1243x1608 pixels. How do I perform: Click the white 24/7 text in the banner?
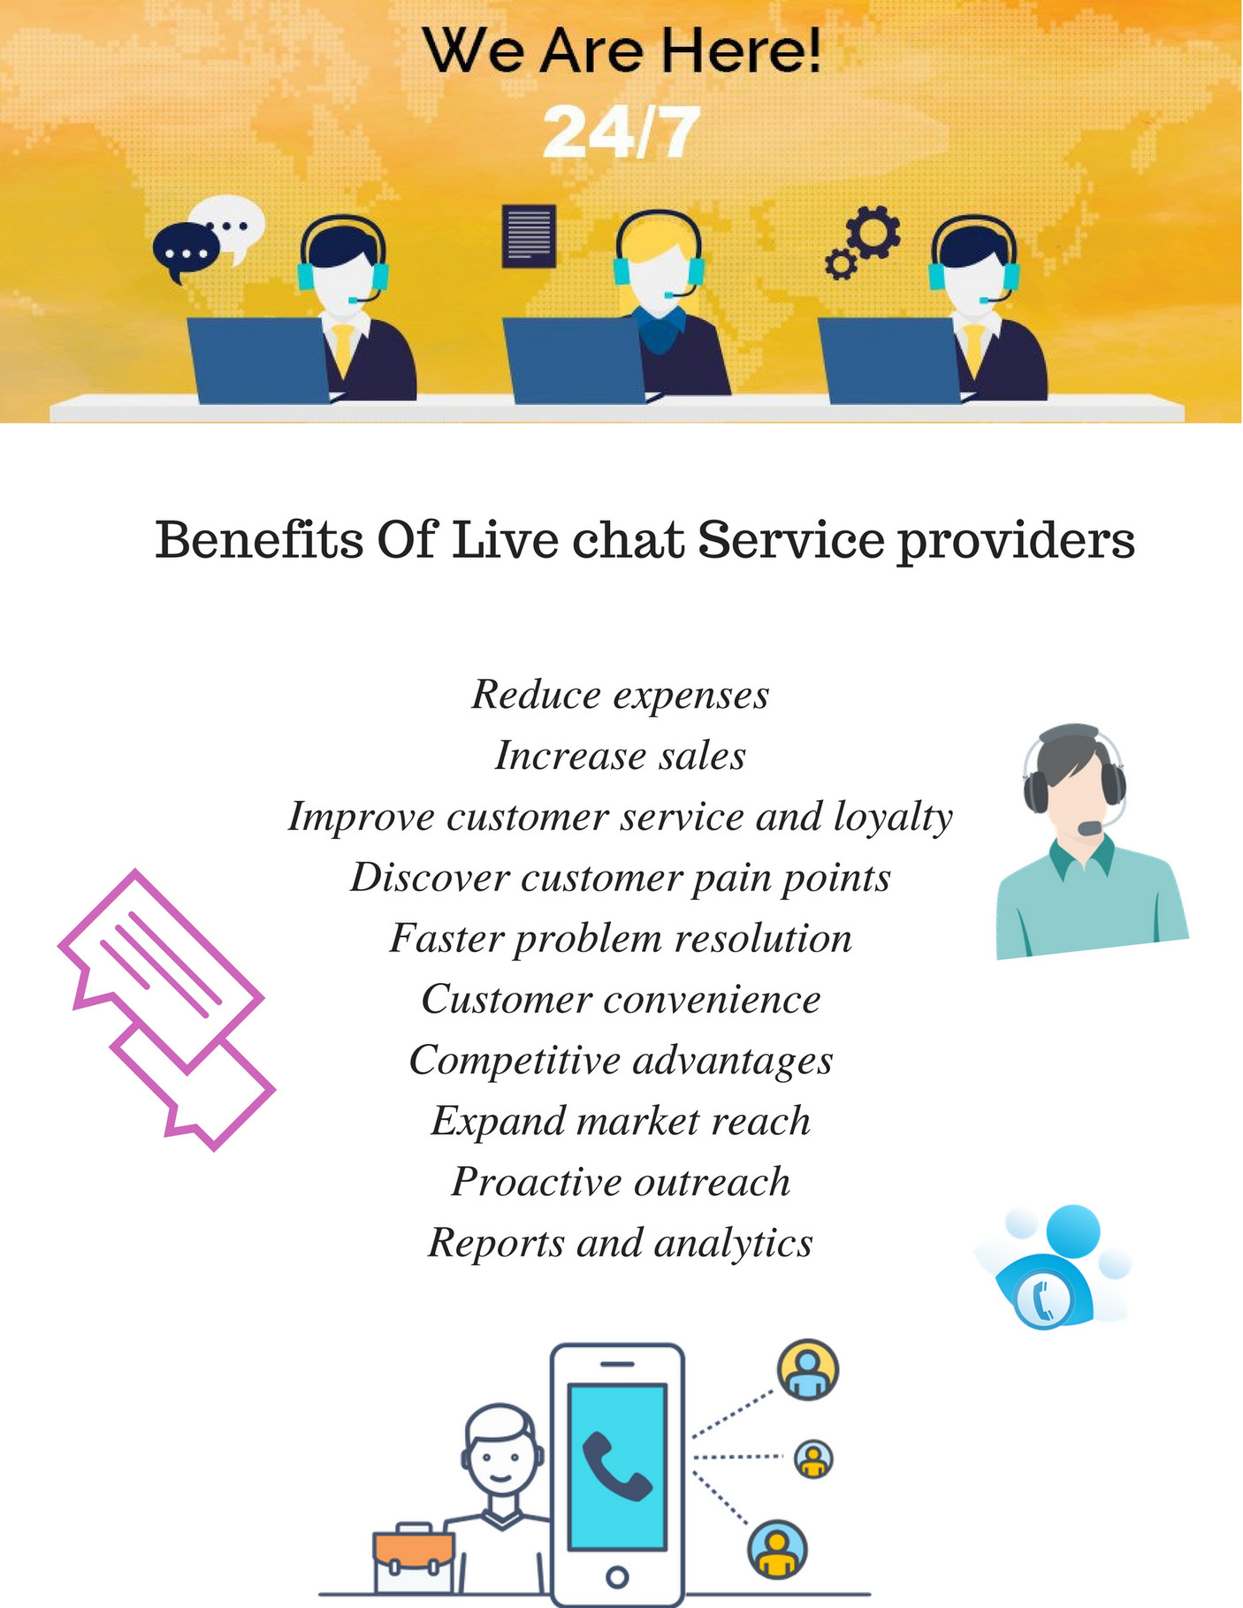(621, 133)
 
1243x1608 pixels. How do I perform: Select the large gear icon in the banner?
(873, 231)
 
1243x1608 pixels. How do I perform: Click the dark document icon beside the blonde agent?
(529, 235)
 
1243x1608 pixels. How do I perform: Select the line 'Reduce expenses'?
(621, 695)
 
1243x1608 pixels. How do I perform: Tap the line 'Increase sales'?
(621, 756)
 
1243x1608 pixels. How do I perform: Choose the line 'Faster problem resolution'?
(621, 939)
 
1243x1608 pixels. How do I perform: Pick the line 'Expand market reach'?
(621, 1122)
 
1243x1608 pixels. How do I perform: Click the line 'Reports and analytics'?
(621, 1244)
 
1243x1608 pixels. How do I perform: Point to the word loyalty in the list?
(893, 817)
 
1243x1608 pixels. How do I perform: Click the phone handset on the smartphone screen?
(617, 1466)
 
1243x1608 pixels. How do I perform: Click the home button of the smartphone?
(617, 1576)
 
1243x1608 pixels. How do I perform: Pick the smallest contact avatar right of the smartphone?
(813, 1459)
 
